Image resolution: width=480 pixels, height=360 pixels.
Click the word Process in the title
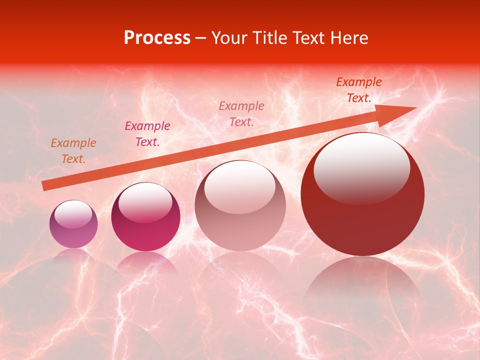157,38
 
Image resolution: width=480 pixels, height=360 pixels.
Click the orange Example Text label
73,151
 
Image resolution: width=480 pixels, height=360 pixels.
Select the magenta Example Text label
147,134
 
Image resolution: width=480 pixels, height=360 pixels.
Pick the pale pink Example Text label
241,113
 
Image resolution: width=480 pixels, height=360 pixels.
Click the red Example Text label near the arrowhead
358,90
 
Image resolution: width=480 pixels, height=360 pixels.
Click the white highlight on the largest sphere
361,167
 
